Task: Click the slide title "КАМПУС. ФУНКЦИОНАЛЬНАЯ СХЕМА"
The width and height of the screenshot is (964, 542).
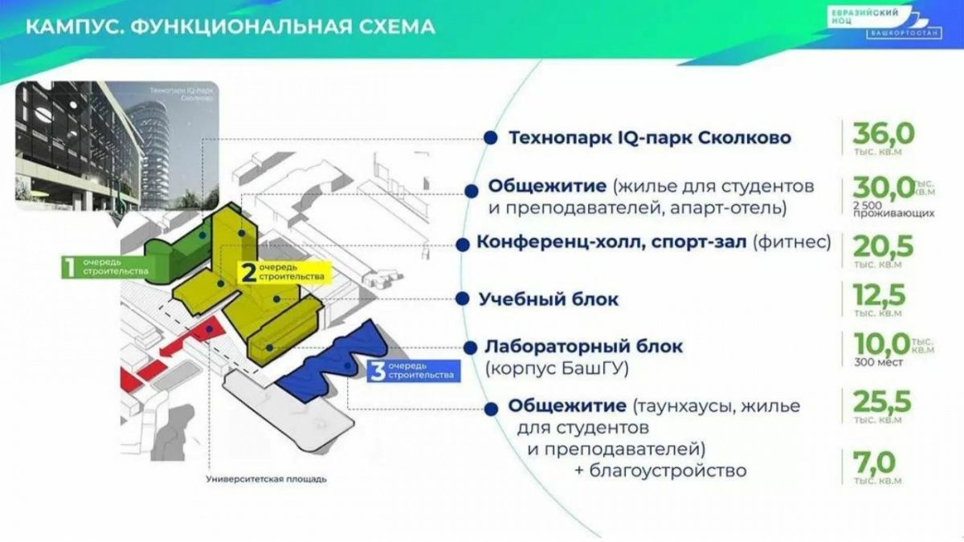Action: coord(231,26)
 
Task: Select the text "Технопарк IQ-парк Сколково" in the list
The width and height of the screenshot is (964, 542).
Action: coord(650,138)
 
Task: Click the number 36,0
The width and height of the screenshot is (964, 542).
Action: coord(884,133)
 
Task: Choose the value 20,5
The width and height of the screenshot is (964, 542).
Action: coord(883,242)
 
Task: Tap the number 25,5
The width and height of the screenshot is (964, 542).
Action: coord(884,401)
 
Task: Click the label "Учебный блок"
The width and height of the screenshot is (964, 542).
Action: coord(549,300)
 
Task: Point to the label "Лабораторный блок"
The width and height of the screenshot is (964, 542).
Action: coord(583,347)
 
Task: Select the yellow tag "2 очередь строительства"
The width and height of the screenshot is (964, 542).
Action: coord(284,272)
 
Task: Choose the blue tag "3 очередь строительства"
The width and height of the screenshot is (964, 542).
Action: coord(412,371)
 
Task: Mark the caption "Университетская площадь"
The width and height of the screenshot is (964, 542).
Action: coord(266,479)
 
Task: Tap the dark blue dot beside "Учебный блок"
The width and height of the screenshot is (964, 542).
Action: coord(463,299)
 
